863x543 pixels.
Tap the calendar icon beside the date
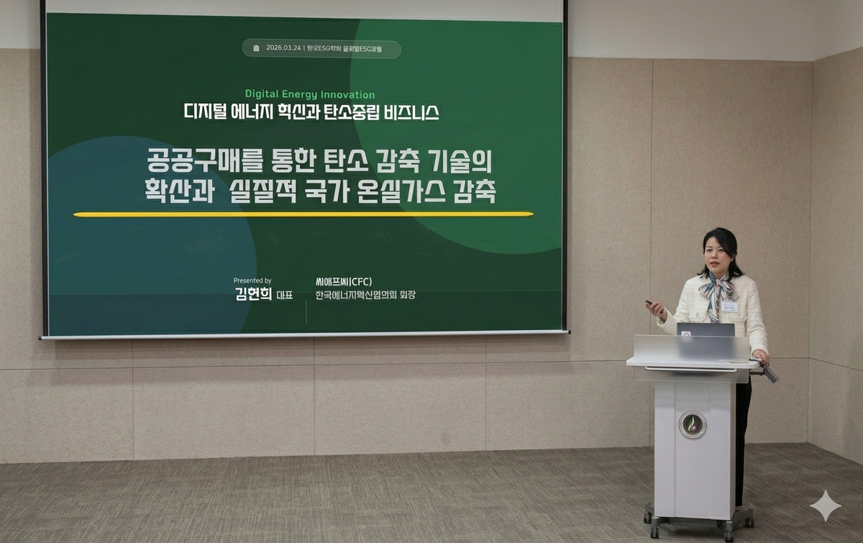point(256,48)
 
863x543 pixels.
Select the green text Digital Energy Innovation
point(310,94)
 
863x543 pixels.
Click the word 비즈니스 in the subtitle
point(412,112)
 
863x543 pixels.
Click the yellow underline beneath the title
point(303,214)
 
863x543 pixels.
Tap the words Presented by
point(252,280)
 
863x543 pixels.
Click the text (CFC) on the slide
point(365,280)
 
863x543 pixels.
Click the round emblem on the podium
point(693,424)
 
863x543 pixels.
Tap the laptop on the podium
point(706,330)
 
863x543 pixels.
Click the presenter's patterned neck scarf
point(720,290)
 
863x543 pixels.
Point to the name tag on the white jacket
point(730,307)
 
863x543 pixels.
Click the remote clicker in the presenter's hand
point(650,305)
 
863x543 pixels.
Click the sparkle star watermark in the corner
point(825,506)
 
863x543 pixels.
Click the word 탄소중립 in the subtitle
point(355,112)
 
